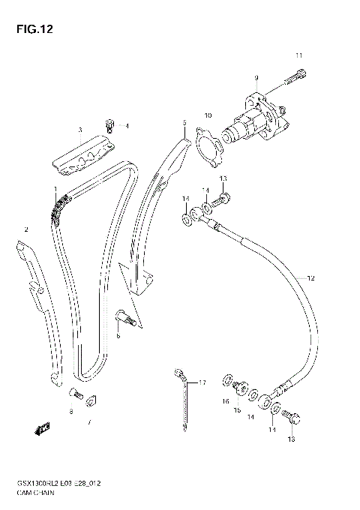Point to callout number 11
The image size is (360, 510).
[298, 55]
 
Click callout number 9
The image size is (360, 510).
[256, 78]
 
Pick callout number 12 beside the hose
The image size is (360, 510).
[310, 278]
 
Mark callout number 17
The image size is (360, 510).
[201, 382]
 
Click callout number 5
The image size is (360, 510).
[183, 121]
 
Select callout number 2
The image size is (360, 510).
[26, 229]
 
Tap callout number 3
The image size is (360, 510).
[79, 130]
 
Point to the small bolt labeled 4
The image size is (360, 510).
[110, 124]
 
